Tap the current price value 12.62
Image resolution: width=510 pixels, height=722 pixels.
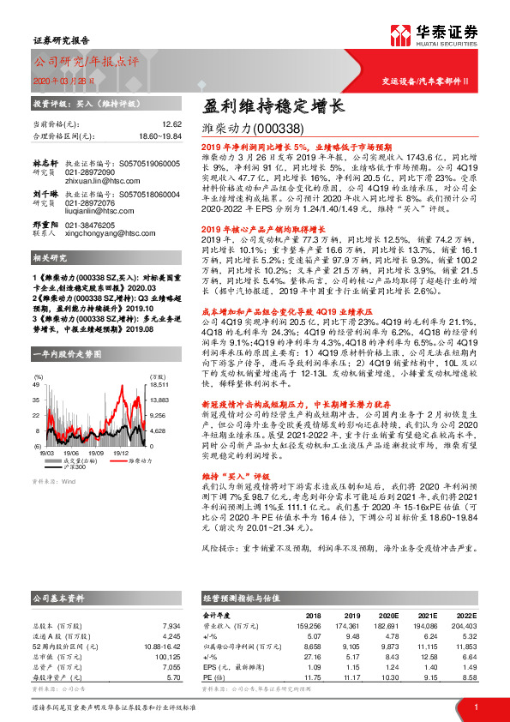tap(172, 124)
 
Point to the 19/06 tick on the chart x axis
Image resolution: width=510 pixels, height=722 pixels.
tap(70, 453)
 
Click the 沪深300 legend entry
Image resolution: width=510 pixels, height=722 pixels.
tap(75, 467)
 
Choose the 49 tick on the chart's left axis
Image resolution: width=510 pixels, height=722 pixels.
tap(37, 385)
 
